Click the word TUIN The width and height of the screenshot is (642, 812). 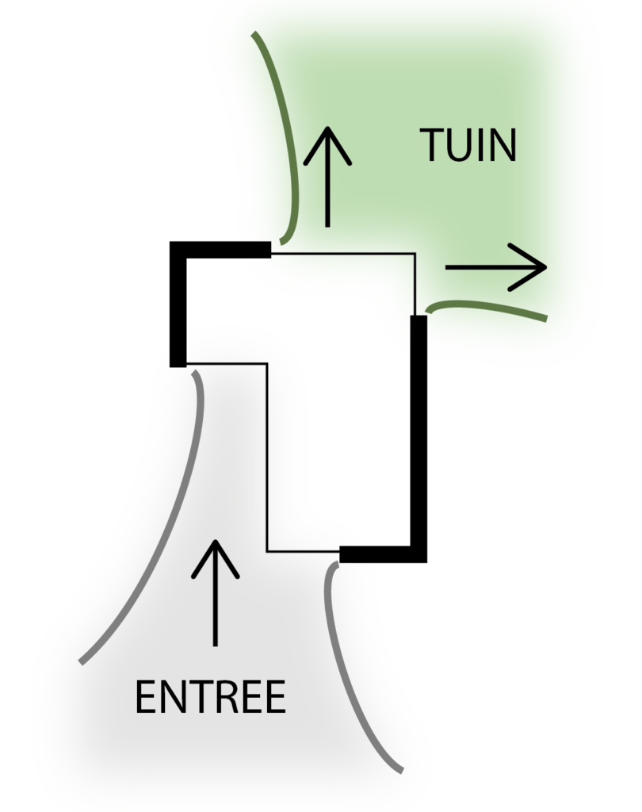coord(468,146)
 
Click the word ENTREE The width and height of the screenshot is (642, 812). coord(210,698)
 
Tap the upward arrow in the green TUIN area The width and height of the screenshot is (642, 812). coord(327,178)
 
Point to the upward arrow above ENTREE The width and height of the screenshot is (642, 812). coord(215,592)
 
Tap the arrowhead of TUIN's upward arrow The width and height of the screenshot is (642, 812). coord(327,143)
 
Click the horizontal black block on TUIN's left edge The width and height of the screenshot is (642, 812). coord(254,250)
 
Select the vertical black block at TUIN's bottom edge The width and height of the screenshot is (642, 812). coord(418,335)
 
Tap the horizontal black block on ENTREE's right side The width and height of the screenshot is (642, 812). coord(361,555)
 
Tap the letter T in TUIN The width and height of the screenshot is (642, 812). coord(432,146)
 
